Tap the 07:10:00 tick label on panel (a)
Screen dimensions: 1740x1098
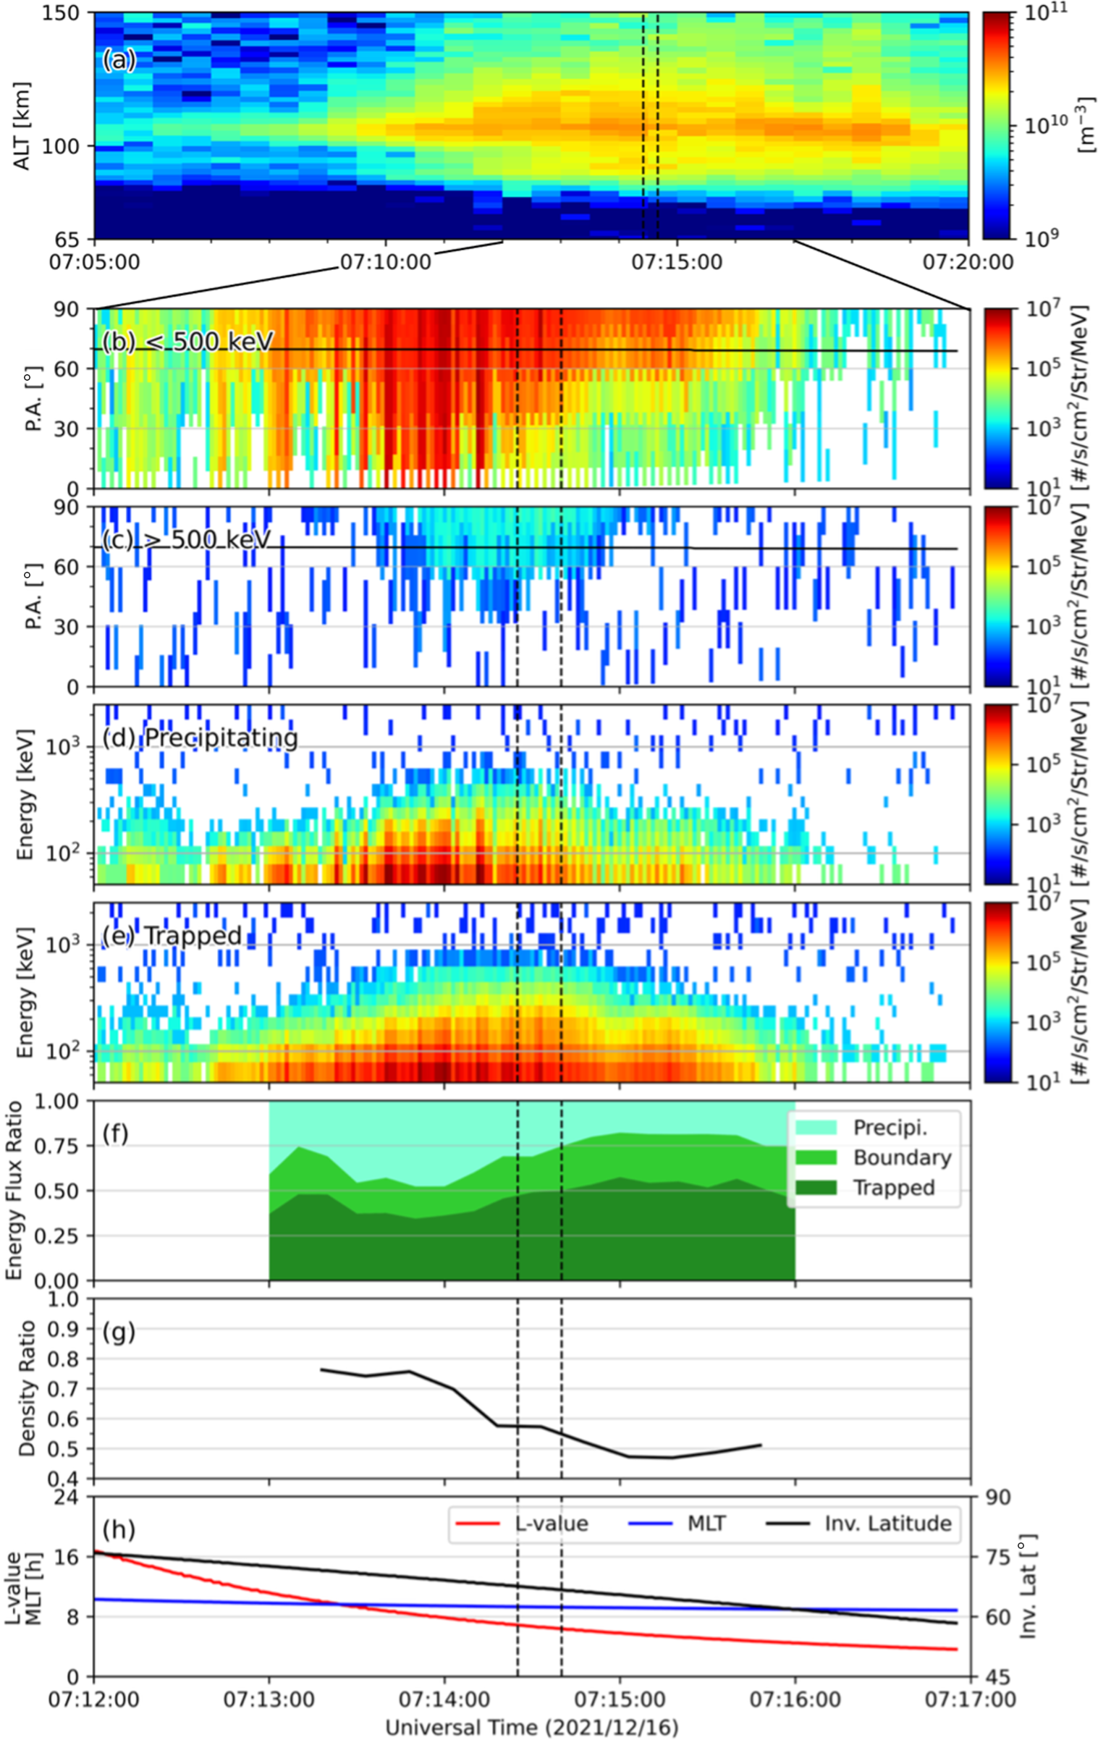coord(386,262)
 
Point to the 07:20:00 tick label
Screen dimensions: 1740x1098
coord(968,262)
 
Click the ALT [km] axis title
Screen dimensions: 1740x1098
coord(22,126)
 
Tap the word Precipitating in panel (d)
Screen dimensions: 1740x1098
coord(221,738)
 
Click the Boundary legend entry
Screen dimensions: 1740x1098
coord(902,1157)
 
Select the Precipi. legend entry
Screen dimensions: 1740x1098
coord(890,1127)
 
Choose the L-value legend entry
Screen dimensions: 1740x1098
coord(551,1524)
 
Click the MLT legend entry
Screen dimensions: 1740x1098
coord(706,1524)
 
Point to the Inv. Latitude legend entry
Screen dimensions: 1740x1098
coord(888,1524)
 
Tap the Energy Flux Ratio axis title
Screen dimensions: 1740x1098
coord(14,1190)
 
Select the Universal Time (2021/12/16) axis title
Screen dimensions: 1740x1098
coord(532,1728)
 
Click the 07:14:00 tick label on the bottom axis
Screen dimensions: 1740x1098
coord(444,1699)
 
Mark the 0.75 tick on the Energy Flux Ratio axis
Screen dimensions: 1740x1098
coord(62,1146)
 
